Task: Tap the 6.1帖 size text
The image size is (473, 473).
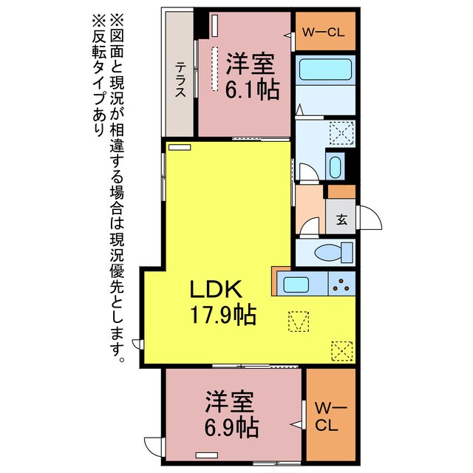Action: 253,89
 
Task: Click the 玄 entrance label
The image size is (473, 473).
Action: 341,219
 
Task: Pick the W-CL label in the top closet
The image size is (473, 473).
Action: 324,32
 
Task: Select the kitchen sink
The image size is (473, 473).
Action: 301,283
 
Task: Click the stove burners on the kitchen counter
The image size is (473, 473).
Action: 342,283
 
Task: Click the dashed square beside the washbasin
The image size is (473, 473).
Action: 339,135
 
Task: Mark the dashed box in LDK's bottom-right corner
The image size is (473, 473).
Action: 342,350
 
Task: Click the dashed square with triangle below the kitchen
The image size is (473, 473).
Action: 299,321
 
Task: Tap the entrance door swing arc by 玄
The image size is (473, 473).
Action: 370,218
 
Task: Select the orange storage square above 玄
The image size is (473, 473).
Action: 341,191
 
